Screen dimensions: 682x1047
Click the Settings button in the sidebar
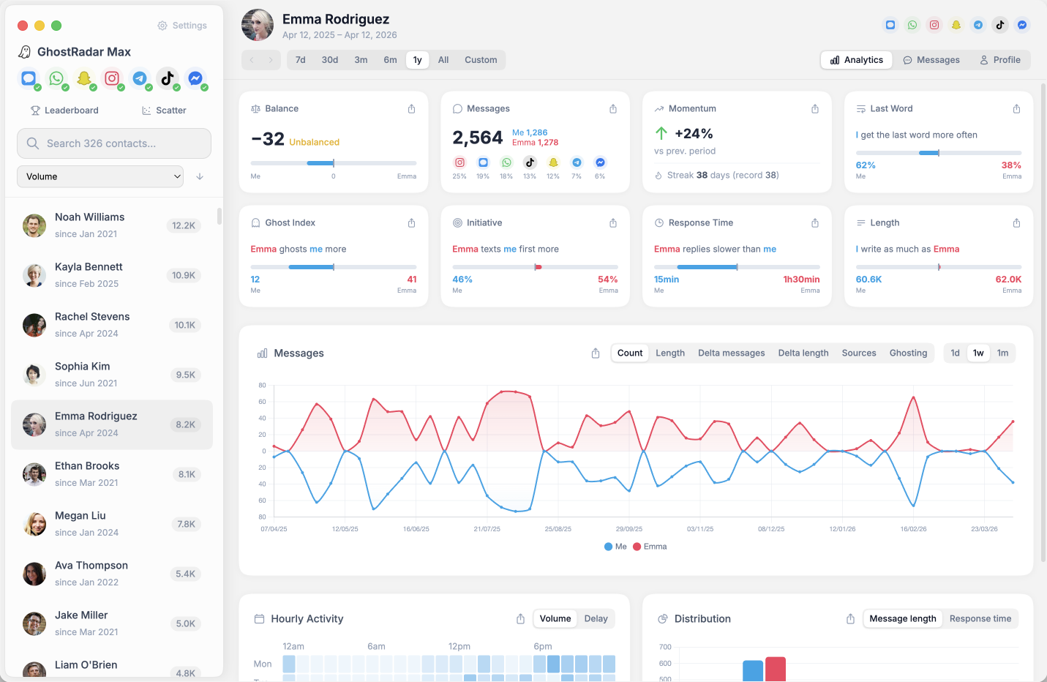[182, 26]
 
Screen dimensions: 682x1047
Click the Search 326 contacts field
[114, 143]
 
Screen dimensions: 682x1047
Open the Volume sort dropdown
[100, 176]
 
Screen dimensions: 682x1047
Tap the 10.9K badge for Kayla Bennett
[183, 275]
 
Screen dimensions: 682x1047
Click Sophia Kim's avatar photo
[34, 375]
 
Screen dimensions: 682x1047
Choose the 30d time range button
[330, 60]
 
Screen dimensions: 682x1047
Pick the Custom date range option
[481, 60]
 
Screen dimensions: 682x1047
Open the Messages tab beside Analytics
[931, 60]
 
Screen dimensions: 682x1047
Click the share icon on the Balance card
[411, 109]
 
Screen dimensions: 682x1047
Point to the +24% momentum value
[693, 134]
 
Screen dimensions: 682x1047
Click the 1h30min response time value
[801, 280]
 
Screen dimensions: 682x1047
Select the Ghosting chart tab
[908, 353]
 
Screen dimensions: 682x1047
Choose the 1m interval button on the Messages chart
[1002, 353]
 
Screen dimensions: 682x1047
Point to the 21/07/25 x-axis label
[487, 529]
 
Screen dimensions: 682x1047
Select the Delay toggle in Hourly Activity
[596, 618]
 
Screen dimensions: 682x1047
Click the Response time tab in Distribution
[980, 618]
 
